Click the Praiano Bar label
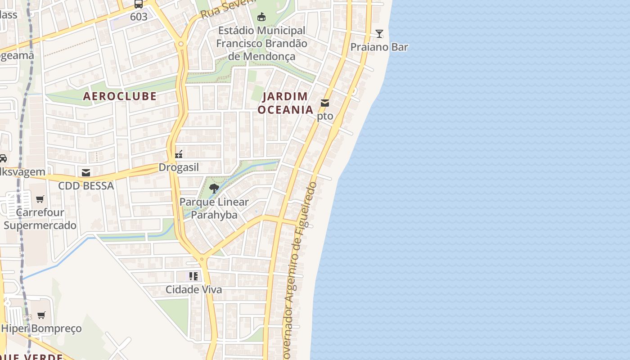click(379, 47)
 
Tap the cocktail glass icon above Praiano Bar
click(379, 34)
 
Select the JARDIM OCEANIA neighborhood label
click(285, 103)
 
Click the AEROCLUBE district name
click(120, 96)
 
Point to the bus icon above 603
click(139, 4)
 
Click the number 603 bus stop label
click(139, 17)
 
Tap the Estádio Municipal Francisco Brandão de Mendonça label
click(261, 43)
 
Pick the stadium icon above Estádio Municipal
click(261, 17)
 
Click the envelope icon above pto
click(325, 103)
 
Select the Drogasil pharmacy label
click(179, 167)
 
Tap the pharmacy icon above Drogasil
click(179, 154)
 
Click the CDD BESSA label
click(86, 186)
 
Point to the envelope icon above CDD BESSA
click(86, 173)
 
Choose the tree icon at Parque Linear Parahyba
click(214, 189)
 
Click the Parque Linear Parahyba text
click(214, 208)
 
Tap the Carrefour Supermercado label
click(40, 219)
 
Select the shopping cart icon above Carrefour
click(40, 199)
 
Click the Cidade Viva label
click(193, 289)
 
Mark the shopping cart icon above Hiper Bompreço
click(41, 315)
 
